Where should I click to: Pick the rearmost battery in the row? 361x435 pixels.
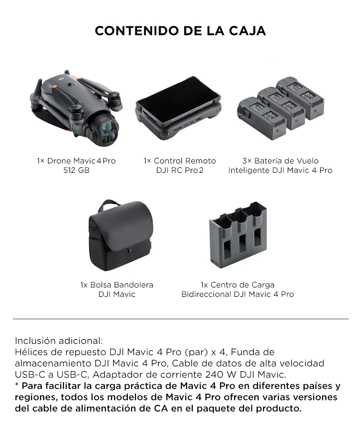300,98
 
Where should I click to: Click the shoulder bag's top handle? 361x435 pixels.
110,204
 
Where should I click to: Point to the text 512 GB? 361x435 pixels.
76,170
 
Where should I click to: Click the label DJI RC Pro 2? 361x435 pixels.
180,170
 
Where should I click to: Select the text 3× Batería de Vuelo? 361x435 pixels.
281,161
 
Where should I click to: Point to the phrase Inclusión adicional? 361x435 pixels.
59,341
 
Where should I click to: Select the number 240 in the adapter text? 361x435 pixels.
215,374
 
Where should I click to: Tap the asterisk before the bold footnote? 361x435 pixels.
16,384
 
